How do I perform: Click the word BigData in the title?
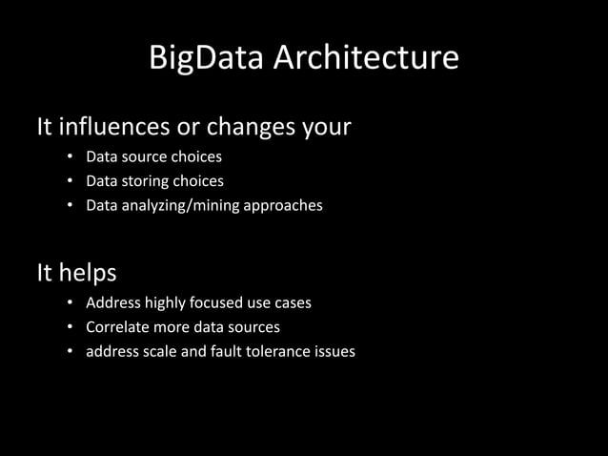point(207,59)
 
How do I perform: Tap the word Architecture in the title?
point(367,59)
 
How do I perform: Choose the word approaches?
point(283,205)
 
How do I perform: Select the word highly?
point(165,303)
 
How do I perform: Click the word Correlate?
point(119,327)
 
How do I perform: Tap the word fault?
point(219,351)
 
